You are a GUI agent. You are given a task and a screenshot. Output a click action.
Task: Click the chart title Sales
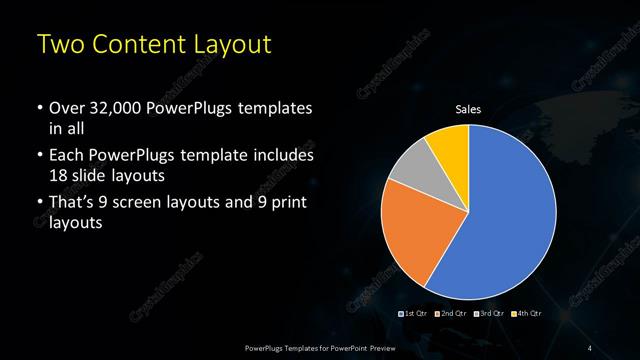click(x=469, y=109)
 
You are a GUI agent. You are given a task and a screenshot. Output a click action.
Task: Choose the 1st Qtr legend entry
click(x=415, y=315)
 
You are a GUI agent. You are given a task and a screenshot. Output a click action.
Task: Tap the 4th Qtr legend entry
click(x=528, y=315)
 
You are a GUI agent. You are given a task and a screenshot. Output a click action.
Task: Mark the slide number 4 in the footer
click(x=589, y=347)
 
